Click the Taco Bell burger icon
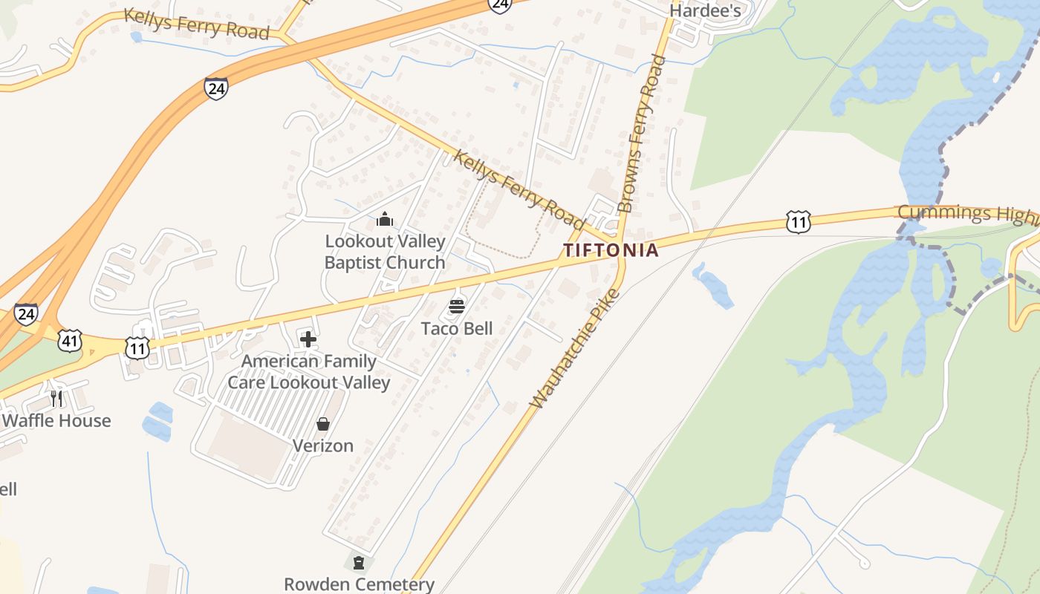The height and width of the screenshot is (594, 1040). point(457,306)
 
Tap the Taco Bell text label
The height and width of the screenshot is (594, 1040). point(457,328)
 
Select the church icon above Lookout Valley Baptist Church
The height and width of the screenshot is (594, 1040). point(385,219)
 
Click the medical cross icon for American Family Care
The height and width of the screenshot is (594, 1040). point(308,339)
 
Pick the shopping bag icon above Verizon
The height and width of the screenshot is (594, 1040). point(323,424)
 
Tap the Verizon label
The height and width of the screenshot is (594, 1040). point(323,446)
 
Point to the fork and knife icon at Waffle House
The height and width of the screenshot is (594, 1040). point(56,399)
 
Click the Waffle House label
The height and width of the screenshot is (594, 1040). point(56,420)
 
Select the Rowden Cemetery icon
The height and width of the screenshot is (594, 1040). point(359,562)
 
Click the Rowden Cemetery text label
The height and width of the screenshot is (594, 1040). point(359,584)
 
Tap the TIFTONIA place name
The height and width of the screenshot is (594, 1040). point(611,250)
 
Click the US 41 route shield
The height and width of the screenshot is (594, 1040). point(70,341)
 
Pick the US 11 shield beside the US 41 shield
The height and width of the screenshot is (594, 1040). point(137,347)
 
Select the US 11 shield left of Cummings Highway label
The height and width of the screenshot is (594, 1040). point(798,221)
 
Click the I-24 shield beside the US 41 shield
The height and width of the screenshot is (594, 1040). point(26,314)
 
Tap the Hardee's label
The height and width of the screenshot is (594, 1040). point(705,10)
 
